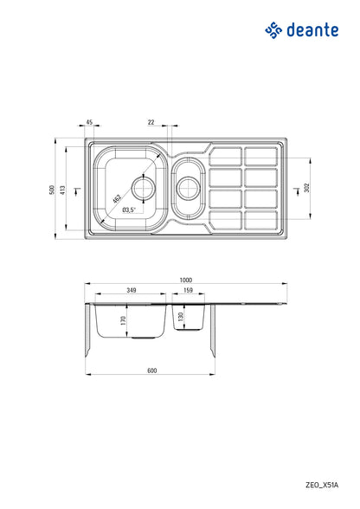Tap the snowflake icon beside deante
(273, 32)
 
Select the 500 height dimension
(52, 189)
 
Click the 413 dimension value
(63, 189)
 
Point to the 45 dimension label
(90, 122)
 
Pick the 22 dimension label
(151, 122)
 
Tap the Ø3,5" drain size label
(127, 210)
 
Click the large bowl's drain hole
(143, 185)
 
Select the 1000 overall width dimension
(186, 280)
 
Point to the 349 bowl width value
(131, 290)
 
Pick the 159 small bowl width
(189, 290)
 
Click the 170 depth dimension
(124, 321)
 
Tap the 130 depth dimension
(181, 318)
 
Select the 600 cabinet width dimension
(151, 370)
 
